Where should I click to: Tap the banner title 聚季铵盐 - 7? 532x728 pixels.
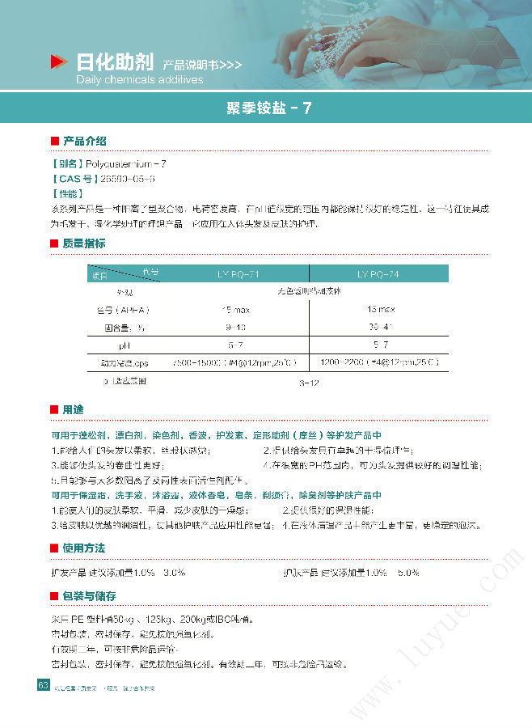[265, 108]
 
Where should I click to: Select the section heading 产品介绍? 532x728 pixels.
[84, 141]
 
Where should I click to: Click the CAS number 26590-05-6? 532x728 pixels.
[125, 179]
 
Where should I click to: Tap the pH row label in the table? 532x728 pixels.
[125, 345]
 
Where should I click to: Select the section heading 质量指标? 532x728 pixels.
[84, 243]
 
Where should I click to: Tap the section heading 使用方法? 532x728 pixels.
[84, 548]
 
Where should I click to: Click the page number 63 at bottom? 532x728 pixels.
[43, 686]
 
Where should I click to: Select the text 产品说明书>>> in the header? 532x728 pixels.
[201, 64]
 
